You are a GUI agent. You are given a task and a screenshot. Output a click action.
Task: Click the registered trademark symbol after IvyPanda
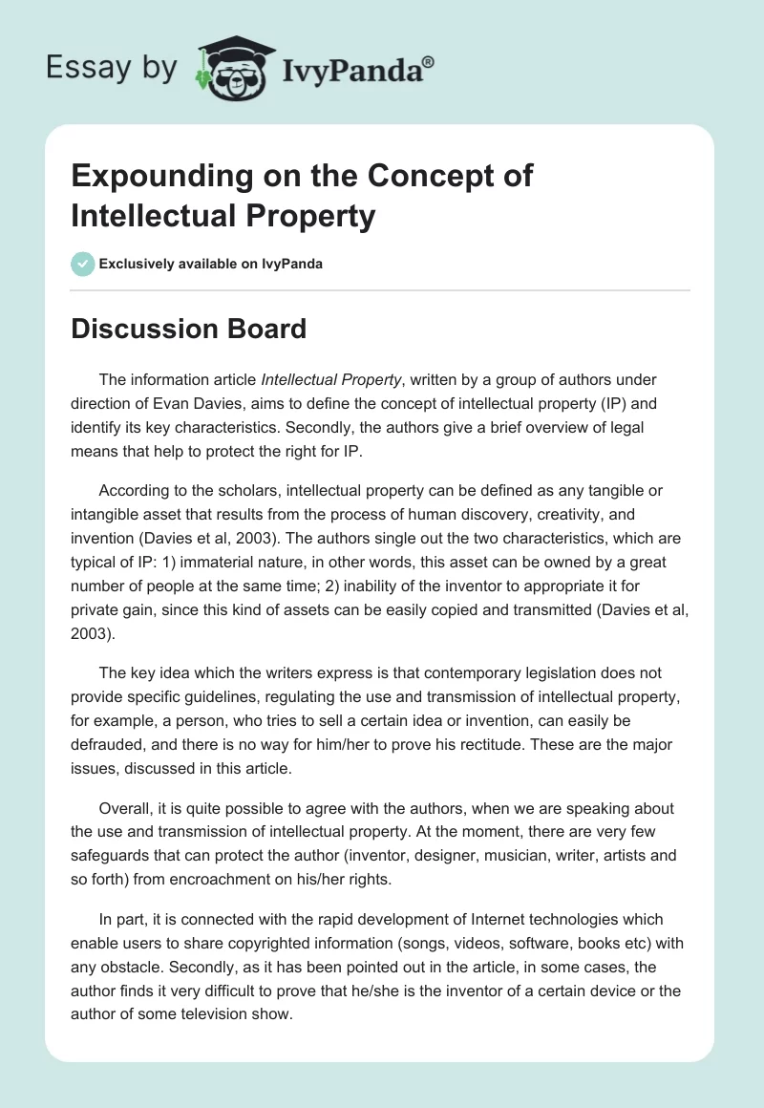pos(429,63)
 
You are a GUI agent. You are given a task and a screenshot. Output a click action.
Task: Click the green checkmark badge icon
pos(82,264)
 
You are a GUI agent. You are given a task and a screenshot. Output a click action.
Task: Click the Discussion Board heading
pos(188,329)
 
